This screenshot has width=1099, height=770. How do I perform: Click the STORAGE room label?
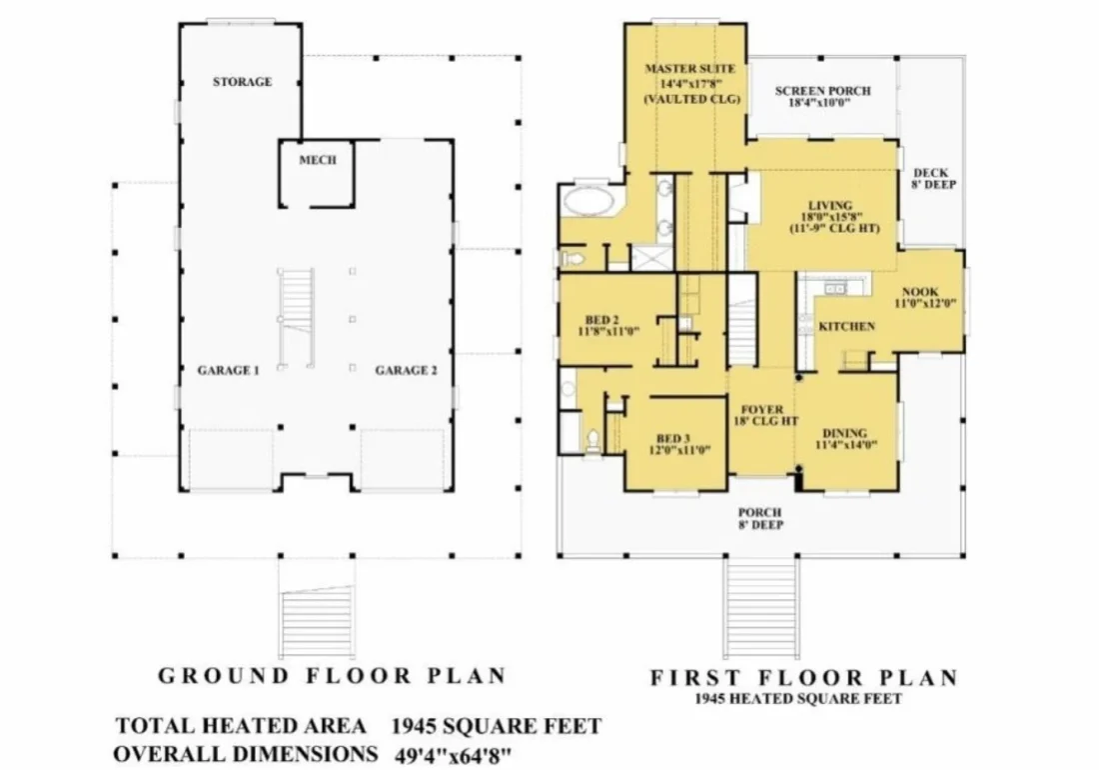[x=242, y=82]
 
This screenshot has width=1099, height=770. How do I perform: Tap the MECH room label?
[x=318, y=160]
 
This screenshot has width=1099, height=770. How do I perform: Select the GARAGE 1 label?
[x=228, y=371]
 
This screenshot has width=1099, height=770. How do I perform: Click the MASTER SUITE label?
[x=690, y=69]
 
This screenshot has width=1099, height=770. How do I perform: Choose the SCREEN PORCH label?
[x=822, y=91]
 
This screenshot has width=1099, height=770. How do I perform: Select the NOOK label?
[x=920, y=292]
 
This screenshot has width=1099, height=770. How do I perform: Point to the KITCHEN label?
[x=846, y=327]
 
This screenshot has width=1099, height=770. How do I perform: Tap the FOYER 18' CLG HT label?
[x=760, y=416]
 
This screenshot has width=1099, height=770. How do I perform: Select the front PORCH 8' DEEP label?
[x=760, y=519]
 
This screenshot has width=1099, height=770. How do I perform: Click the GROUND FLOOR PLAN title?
[x=332, y=676]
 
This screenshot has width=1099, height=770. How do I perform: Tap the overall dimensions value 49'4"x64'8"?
[x=455, y=753]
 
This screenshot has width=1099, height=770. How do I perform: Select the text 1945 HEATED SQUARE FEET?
[x=798, y=699]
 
